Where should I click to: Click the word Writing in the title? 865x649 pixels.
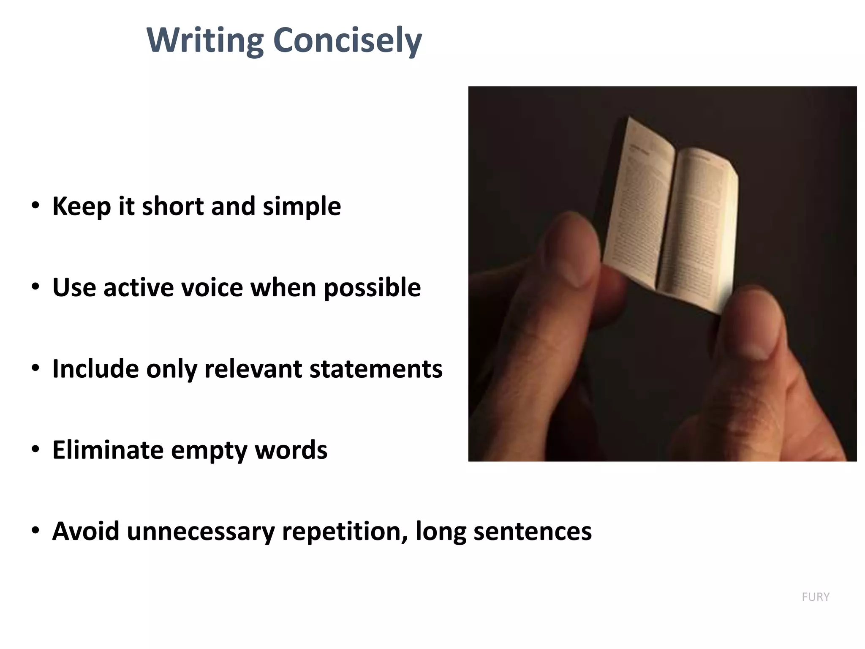point(205,41)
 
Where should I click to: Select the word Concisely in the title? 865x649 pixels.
point(347,41)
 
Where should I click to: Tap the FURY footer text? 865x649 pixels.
point(816,597)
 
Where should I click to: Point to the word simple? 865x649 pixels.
point(302,206)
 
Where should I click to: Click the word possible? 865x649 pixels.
point(372,288)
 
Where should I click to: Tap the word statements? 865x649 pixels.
point(376,369)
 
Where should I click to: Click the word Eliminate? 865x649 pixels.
point(108,450)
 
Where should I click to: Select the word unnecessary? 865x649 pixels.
point(201,532)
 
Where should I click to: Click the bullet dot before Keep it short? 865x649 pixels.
point(35,206)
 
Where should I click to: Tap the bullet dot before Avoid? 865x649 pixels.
point(35,531)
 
